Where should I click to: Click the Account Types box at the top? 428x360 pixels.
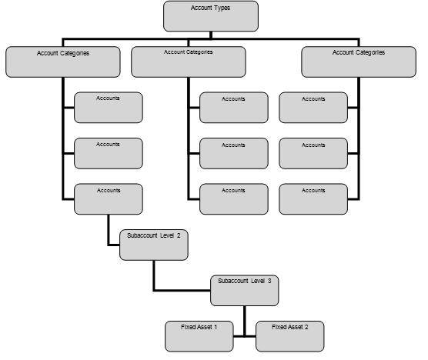click(x=211, y=16)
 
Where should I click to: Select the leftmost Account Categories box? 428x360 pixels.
click(x=63, y=62)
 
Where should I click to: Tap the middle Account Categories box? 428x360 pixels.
click(x=189, y=62)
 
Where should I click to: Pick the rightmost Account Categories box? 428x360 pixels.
click(x=359, y=62)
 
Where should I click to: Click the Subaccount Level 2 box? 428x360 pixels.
click(x=154, y=245)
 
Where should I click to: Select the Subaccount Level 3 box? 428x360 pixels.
click(x=245, y=291)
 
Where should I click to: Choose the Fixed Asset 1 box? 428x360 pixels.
click(x=199, y=336)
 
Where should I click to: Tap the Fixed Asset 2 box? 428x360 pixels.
click(x=290, y=336)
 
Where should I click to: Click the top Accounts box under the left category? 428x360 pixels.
click(x=109, y=108)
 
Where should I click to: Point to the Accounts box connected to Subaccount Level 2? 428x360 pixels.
click(x=109, y=199)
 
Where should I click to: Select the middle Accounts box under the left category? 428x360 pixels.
click(x=109, y=153)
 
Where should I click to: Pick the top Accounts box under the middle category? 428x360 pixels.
click(x=234, y=108)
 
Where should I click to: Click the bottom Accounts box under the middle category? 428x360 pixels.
click(x=234, y=199)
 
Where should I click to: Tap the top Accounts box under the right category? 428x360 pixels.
click(x=313, y=108)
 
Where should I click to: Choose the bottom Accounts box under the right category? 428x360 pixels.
click(x=313, y=199)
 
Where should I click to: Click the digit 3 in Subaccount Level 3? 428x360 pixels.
click(x=269, y=281)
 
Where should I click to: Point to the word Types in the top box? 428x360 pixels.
click(x=222, y=8)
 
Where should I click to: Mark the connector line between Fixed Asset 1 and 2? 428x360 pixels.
click(x=245, y=336)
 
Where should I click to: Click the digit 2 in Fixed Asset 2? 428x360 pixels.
click(x=306, y=327)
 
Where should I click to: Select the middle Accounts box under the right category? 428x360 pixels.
click(x=313, y=153)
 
